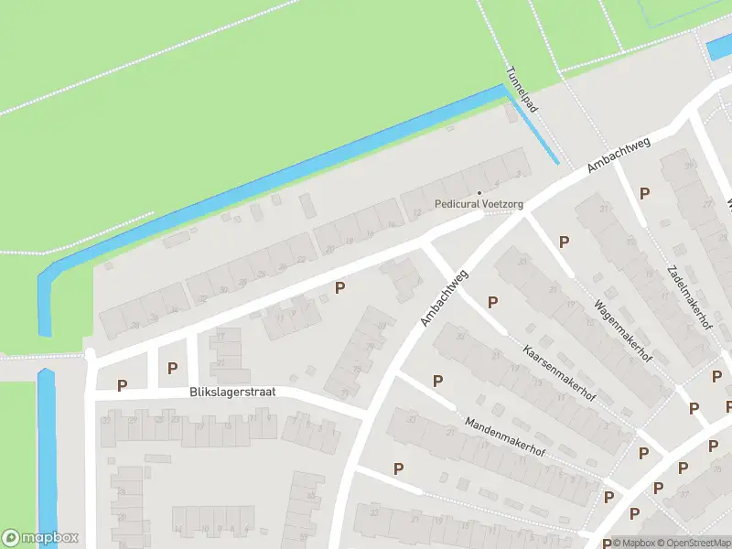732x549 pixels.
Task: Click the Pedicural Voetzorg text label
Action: click(479, 204)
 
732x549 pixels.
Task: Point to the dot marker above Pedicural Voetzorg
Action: click(479, 192)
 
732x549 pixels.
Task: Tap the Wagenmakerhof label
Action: click(621, 328)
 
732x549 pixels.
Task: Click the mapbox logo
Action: click(40, 538)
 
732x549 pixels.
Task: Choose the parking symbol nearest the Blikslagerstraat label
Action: click(172, 369)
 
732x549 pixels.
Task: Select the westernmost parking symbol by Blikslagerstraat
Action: click(122, 385)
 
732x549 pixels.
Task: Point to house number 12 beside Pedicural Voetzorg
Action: click(417, 213)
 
